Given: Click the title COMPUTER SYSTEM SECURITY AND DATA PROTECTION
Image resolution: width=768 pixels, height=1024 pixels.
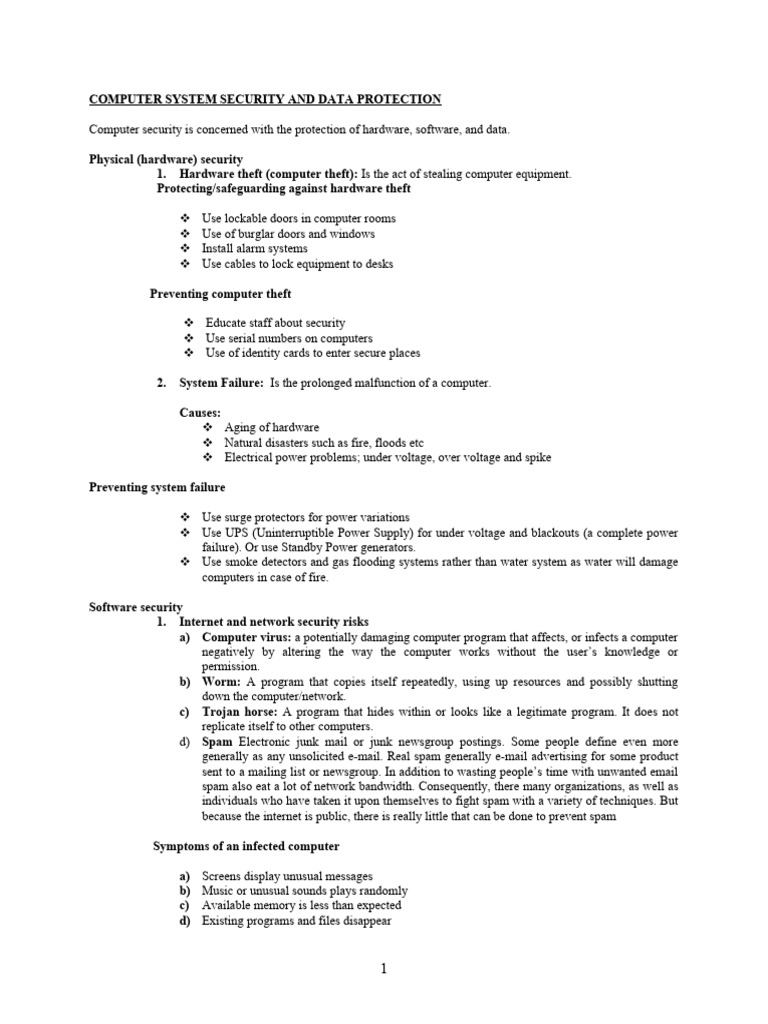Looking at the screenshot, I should [265, 100].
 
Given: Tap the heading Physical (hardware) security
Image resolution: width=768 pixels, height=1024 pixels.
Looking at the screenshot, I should [166, 159].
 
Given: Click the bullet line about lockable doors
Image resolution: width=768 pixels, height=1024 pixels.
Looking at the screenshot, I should [298, 218].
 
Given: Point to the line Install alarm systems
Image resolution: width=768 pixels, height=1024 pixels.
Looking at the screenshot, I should [254, 248].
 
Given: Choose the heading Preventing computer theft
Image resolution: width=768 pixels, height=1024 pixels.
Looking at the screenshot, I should [220, 294].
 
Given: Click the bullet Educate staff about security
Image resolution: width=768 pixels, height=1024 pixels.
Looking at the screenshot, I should [275, 323].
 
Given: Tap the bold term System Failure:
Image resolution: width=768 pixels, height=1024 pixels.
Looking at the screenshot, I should [221, 383].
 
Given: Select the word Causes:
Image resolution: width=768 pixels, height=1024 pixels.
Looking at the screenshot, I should [200, 412].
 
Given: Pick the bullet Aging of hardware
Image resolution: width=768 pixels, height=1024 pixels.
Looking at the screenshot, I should [271, 427].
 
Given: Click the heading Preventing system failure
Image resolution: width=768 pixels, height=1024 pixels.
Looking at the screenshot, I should [157, 487].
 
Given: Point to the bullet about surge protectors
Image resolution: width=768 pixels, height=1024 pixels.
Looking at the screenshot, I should [305, 517].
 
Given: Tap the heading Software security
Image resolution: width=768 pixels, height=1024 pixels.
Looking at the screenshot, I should [136, 607].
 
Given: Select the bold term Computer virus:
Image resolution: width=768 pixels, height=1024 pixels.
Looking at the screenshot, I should [246, 637].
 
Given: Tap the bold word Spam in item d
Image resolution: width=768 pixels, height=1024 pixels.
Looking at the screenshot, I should [217, 742].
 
